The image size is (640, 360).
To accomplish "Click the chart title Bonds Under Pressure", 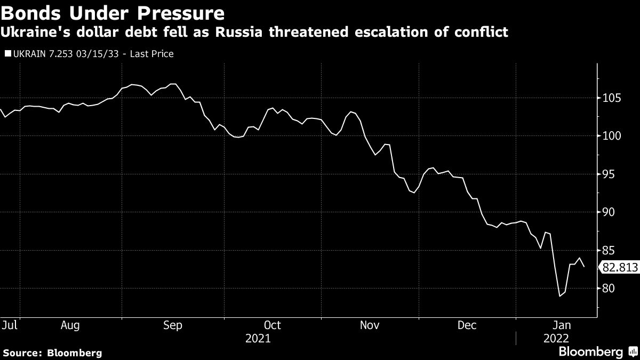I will (x=112, y=12).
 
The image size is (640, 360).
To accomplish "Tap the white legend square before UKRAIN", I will (x=7, y=54).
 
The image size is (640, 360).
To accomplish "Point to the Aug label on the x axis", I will (x=70, y=325).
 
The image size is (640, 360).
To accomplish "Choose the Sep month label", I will (x=173, y=325).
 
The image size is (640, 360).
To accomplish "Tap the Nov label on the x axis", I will (x=370, y=325).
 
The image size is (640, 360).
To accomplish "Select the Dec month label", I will (x=467, y=325).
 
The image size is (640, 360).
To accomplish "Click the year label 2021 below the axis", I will (x=258, y=338).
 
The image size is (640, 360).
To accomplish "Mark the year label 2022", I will (x=556, y=338).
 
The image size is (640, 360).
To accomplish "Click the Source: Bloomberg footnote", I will (x=52, y=353).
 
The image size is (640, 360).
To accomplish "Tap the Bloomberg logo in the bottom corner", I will (x=590, y=352).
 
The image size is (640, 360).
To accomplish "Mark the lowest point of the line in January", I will (x=560, y=296).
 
